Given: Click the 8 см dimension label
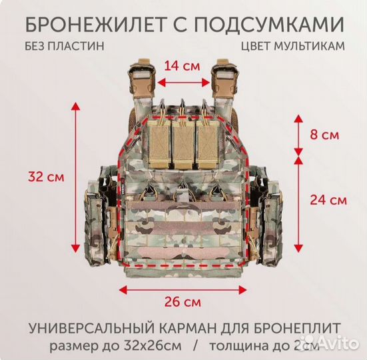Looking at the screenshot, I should [325, 135].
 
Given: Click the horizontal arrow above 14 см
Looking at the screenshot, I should [183, 83].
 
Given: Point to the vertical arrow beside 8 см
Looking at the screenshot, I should [298, 135].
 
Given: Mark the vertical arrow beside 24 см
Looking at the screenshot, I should [298, 200].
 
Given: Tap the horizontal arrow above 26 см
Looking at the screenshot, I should [183, 288].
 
